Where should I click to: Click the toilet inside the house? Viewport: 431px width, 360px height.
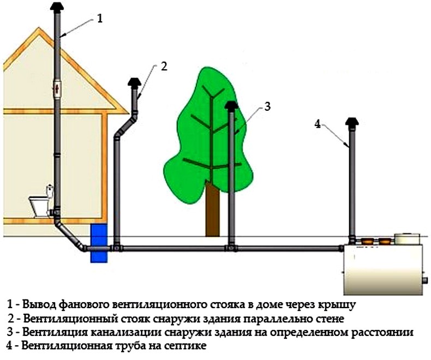[42, 201]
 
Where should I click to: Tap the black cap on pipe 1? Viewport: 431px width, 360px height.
[57, 6]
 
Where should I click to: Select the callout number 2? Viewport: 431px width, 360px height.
[164, 66]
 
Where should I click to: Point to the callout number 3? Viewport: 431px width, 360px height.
[267, 106]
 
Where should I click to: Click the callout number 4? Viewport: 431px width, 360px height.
[318, 124]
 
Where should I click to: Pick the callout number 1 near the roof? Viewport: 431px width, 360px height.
[100, 19]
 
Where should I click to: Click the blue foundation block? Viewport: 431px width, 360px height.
[99, 243]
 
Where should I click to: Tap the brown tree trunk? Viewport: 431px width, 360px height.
[212, 209]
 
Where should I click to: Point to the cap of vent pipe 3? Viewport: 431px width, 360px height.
[231, 106]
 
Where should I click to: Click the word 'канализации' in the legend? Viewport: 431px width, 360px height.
[125, 332]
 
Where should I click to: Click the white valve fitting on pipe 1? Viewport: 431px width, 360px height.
[57, 89]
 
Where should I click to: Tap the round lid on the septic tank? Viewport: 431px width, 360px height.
[407, 238]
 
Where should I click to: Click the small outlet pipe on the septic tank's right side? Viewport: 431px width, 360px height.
[425, 280]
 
